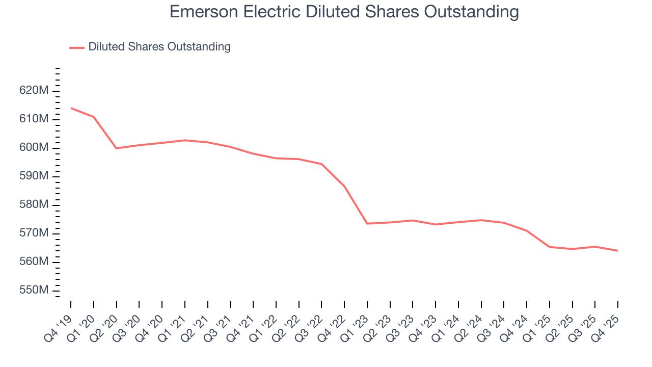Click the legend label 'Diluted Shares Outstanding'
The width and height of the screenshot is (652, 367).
pyautogui.click(x=159, y=47)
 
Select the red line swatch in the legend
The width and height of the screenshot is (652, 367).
pyautogui.click(x=76, y=47)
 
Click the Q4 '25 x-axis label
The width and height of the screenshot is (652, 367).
pyautogui.click(x=607, y=323)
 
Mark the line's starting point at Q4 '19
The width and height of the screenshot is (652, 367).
pyautogui.click(x=71, y=108)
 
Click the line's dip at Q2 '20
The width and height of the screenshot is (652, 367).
pyautogui.click(x=117, y=148)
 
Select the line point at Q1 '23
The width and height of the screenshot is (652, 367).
pyautogui.click(x=367, y=223)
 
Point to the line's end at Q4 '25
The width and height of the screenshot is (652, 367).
pyautogui.click(x=617, y=251)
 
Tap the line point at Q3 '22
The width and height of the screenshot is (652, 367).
pyautogui.click(x=321, y=164)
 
